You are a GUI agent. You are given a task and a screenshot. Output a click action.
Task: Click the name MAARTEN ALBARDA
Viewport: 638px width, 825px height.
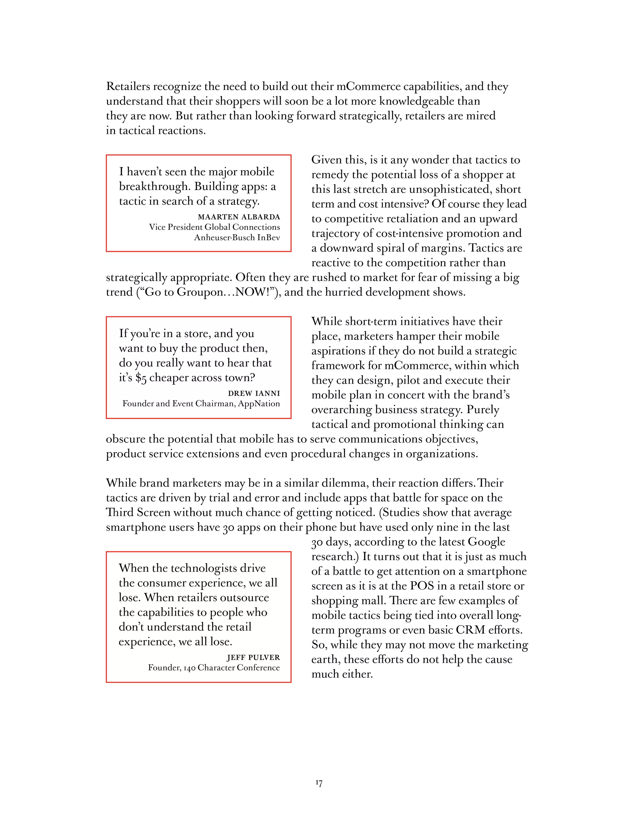click(239, 217)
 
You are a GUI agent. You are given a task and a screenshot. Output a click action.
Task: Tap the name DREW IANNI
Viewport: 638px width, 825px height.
click(254, 393)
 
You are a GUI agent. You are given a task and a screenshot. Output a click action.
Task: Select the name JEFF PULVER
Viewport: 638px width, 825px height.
click(253, 657)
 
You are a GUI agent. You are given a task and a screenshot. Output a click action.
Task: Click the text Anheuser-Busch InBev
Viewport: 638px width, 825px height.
click(237, 238)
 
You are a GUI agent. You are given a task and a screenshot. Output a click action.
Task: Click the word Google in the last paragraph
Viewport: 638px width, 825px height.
click(486, 542)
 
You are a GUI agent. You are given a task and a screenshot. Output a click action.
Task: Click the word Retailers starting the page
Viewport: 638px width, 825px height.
click(128, 87)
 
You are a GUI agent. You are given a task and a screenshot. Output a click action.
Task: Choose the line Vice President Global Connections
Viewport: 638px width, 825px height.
click(214, 227)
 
